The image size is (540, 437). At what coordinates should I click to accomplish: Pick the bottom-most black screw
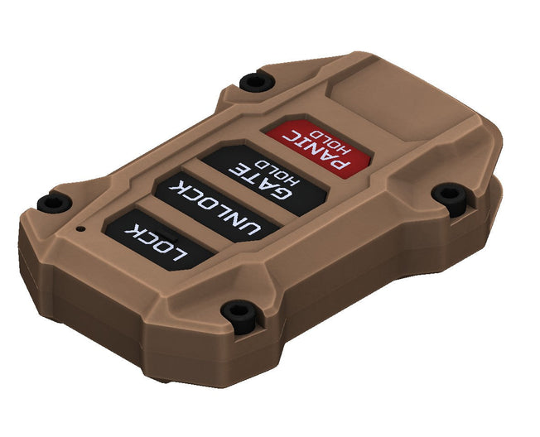239,312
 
